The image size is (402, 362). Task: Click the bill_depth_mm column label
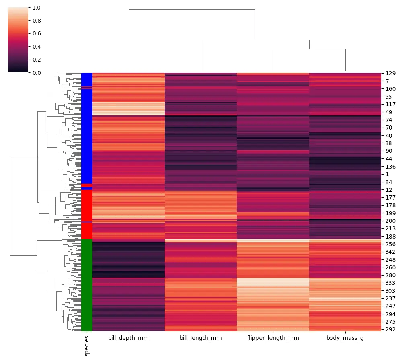point(128,338)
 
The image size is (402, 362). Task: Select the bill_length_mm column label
point(201,338)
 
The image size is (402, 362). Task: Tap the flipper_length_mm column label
point(273,338)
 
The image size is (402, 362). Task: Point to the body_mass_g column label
point(345,338)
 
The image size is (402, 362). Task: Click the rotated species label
point(87,346)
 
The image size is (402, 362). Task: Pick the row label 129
point(390,73)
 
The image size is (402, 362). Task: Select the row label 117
point(390,104)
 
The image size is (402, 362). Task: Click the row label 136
point(390,167)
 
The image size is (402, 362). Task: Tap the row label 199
point(390,213)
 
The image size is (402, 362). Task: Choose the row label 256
point(390,244)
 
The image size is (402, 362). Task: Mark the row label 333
point(390,283)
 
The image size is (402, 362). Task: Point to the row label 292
point(390,329)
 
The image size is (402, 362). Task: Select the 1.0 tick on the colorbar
point(36,8)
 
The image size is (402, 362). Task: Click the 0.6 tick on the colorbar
point(36,33)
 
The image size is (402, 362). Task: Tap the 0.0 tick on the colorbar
point(36,72)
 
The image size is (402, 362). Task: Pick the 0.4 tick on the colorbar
point(36,47)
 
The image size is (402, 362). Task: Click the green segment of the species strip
point(87,286)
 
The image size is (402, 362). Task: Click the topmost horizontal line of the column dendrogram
point(192,9)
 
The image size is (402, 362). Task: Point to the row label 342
point(390,252)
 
